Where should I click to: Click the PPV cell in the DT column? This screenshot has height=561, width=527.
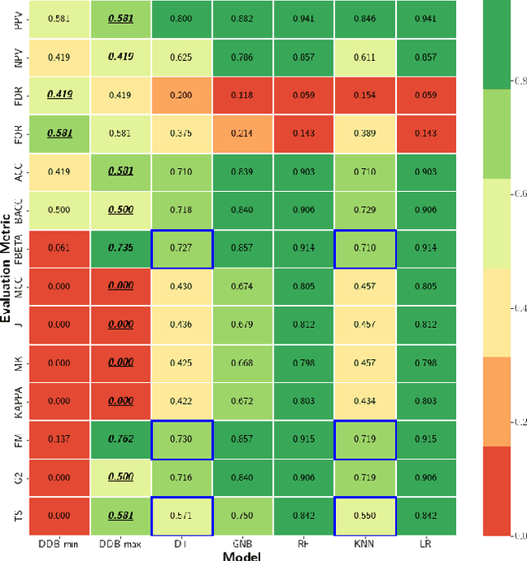coord(182,19)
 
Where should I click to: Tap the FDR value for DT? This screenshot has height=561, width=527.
coord(182,96)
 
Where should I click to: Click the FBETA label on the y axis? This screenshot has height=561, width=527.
coord(18,248)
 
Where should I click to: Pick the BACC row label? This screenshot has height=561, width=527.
coord(18,209)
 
